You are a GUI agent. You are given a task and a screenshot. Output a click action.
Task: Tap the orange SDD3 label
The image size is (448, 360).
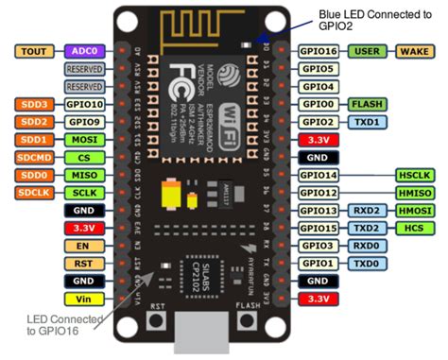(x=35, y=104)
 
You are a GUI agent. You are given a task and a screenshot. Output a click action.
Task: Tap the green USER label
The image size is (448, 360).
(x=368, y=51)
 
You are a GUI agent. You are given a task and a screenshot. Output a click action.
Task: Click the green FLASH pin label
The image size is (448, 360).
(x=367, y=104)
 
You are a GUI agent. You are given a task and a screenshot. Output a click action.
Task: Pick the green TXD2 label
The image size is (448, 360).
(x=367, y=228)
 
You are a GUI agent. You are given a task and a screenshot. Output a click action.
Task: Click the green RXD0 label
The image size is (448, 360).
(x=367, y=246)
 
